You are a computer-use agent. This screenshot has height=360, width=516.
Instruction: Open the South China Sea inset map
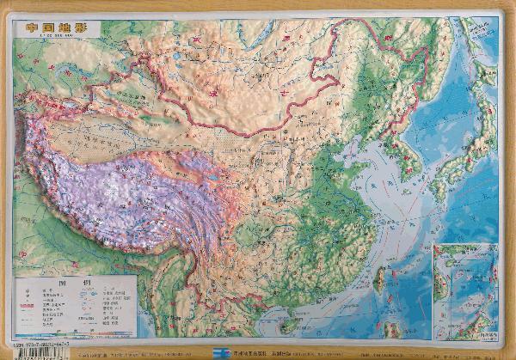coord(465,288)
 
